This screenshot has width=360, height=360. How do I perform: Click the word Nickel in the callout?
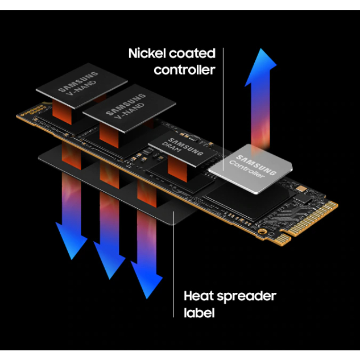(147, 53)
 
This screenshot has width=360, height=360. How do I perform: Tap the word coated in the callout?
(192, 53)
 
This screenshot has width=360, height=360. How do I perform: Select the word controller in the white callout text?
(185, 70)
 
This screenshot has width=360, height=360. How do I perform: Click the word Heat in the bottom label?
(198, 296)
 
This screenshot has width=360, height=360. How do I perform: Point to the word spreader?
(247, 297)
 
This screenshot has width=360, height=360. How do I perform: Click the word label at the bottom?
(199, 312)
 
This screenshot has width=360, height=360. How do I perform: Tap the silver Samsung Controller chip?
(250, 168)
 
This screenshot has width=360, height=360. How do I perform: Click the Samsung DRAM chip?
(183, 148)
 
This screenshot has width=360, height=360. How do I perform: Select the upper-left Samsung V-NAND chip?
(81, 85)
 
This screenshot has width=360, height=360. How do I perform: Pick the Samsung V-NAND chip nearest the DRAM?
(129, 108)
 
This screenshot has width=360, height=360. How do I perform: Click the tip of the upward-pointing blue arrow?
(261, 48)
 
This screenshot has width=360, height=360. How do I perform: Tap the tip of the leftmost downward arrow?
(72, 260)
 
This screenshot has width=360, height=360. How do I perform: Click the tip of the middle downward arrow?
(110, 279)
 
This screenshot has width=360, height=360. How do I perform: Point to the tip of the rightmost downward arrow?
(147, 299)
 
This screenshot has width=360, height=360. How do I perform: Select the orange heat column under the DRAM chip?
(177, 168)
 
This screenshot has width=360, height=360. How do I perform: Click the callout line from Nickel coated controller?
(223, 109)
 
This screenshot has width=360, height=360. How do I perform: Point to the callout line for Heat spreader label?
(173, 264)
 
